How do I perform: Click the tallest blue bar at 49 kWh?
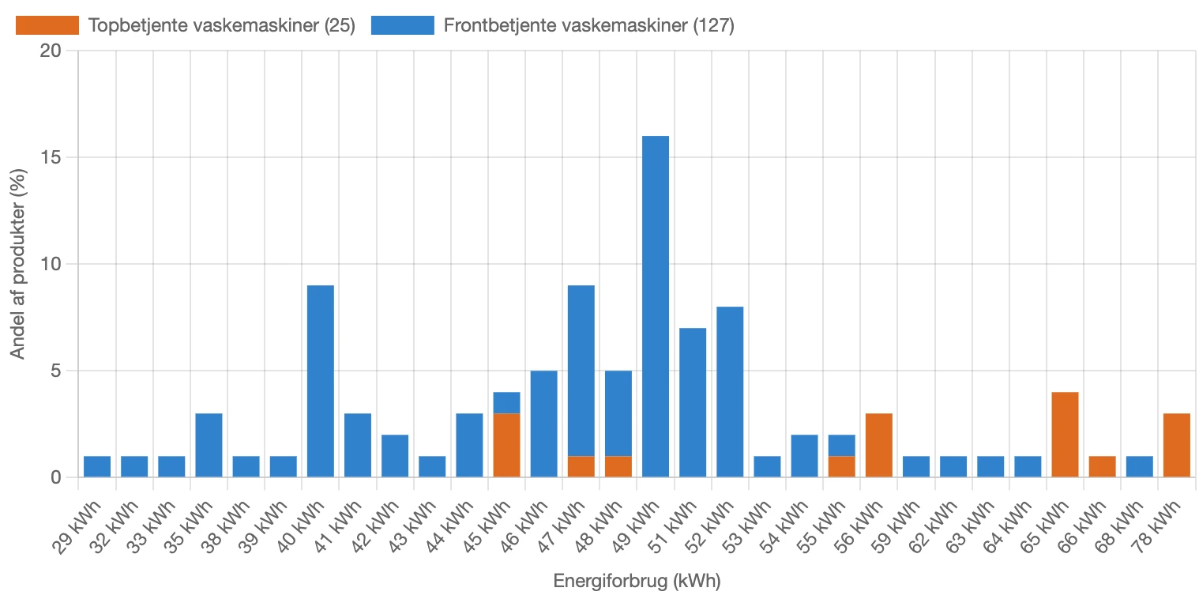tap(655, 307)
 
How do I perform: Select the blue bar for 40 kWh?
tap(320, 381)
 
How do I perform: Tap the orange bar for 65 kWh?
tap(1065, 435)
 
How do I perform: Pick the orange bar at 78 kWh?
tap(1176, 445)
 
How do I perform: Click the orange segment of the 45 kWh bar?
tap(506, 445)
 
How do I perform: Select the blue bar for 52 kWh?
tap(730, 392)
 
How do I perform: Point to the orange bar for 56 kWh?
tap(878, 445)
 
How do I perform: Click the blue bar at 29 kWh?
tap(97, 466)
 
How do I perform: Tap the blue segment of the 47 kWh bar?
tap(581, 371)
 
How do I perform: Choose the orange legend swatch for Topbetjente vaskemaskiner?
tap(47, 25)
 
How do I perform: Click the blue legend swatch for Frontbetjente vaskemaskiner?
tap(402, 25)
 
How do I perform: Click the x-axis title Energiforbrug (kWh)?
tap(637, 582)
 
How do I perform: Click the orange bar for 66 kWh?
tap(1102, 466)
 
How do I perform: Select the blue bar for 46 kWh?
tap(543, 424)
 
